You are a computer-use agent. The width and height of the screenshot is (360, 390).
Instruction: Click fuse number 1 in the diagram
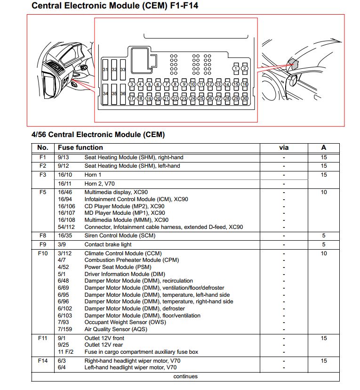236,69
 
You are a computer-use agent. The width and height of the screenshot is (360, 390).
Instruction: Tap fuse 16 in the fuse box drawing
245,84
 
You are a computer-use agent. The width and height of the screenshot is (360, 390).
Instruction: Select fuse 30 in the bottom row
245,98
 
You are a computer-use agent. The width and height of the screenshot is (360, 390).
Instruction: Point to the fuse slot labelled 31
105,70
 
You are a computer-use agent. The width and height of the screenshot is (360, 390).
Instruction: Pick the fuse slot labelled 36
123,94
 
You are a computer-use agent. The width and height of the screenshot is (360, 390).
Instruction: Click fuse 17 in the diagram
132,98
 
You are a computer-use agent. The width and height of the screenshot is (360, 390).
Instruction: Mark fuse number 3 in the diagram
132,84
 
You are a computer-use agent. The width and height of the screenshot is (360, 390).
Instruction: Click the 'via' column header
284,147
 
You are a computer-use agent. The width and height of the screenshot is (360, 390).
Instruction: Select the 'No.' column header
43,147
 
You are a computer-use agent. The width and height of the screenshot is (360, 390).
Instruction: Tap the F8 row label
43,236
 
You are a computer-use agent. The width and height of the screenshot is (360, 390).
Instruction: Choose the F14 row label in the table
43,360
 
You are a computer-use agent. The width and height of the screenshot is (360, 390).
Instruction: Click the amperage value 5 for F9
324,244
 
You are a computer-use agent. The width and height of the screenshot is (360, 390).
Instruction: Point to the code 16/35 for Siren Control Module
65,236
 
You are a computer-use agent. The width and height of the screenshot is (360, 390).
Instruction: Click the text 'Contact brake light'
108,244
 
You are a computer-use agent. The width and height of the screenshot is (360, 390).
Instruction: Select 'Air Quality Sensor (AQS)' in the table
116,329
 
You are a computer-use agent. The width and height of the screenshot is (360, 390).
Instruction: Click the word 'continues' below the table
185,376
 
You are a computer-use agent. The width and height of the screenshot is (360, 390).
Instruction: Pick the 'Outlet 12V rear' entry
104,345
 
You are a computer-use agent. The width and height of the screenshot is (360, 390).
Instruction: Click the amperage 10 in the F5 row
324,192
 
